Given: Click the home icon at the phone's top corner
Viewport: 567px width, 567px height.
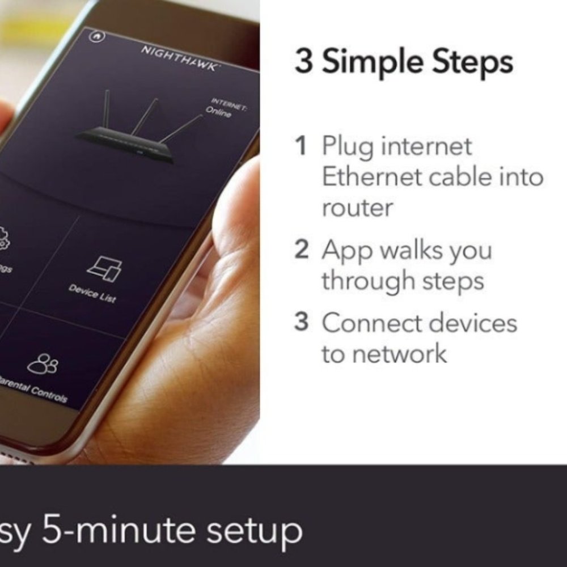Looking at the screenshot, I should (x=97, y=36).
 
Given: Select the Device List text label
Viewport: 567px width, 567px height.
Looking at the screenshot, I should (x=92, y=294).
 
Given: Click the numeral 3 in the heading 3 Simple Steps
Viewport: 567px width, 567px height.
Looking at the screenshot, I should (x=303, y=62).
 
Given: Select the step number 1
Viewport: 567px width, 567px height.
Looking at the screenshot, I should (x=302, y=146).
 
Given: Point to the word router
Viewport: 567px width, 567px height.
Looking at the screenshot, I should (x=357, y=208).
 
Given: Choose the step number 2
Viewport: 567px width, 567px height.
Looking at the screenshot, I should (x=302, y=250).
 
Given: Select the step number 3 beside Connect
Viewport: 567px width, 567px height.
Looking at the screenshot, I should (x=302, y=323).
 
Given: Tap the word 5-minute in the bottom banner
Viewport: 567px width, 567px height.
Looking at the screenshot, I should (x=116, y=531).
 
